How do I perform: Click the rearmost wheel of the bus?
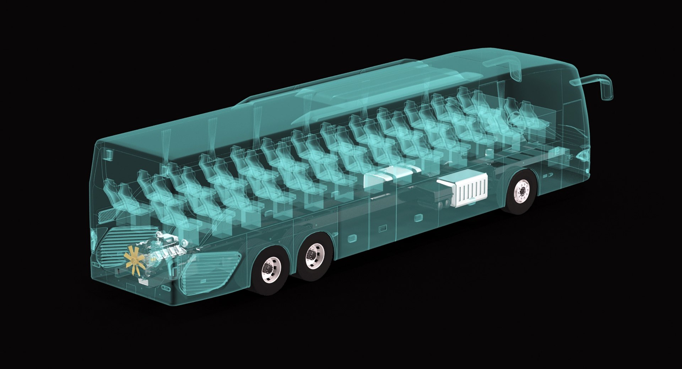coord(271,271)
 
